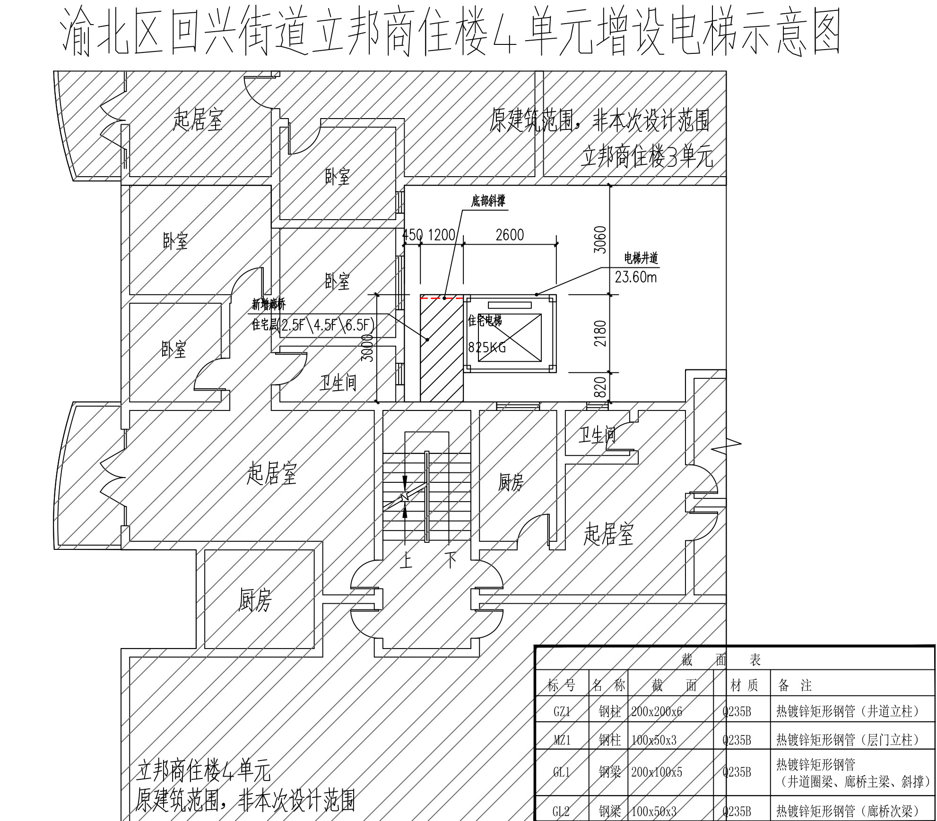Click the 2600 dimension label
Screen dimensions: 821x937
510,235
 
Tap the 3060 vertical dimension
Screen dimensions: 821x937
600,239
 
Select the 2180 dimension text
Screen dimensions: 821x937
600,334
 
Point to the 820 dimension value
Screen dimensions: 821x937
600,387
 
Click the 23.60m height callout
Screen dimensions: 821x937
636,277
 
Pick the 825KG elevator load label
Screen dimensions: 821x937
487,348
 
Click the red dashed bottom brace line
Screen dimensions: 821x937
442,298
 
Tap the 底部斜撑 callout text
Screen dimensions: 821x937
488,201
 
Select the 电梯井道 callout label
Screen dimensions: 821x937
641,258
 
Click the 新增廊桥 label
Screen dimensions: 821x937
269,304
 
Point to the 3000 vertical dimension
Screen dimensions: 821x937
367,348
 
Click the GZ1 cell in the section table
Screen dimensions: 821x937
562,711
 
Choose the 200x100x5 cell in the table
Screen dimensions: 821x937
657,772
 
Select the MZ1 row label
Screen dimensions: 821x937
562,740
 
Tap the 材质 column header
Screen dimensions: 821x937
744,685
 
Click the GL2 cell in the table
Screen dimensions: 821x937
561,812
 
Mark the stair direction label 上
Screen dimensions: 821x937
406,561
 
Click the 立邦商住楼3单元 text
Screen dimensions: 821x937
647,156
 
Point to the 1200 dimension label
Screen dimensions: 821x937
441,235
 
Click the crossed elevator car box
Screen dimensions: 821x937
510,337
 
